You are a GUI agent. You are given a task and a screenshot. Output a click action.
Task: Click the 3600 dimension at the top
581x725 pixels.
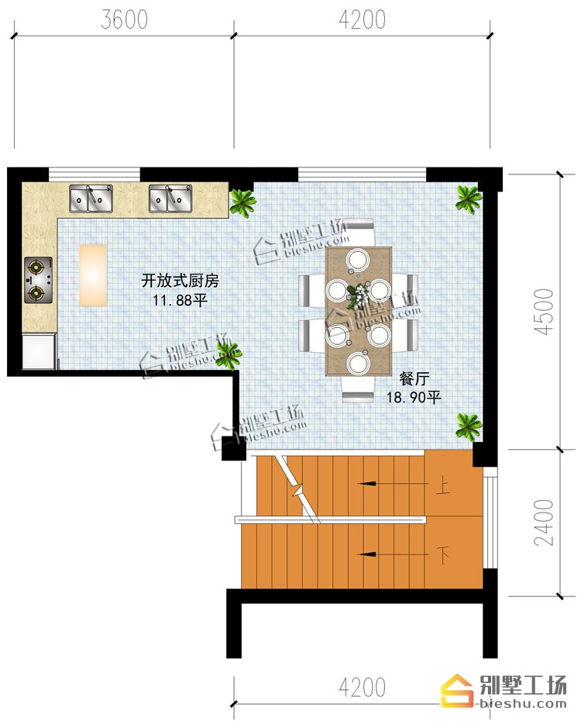[x=124, y=19]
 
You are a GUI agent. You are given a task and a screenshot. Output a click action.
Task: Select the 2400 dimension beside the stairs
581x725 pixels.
[x=544, y=522]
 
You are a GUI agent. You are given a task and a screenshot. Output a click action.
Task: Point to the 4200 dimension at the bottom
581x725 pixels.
[x=362, y=687]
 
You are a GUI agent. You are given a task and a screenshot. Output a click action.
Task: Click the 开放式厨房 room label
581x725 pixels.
[x=180, y=281]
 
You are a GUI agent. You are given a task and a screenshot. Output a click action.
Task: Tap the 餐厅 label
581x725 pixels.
[x=414, y=378]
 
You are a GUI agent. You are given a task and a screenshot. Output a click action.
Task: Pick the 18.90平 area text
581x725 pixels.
[x=414, y=397]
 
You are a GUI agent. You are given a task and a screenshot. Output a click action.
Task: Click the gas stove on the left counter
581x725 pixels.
[x=38, y=280]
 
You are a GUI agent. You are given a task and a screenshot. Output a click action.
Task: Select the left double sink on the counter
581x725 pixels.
[x=91, y=199]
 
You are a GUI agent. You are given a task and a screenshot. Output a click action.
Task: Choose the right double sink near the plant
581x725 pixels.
[x=170, y=199]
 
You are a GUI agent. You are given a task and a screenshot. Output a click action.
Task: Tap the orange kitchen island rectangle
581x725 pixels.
[x=93, y=275]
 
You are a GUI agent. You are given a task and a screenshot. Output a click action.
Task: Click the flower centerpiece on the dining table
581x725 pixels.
[x=358, y=295]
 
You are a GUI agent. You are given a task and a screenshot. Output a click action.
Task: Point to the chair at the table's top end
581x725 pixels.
[x=359, y=232]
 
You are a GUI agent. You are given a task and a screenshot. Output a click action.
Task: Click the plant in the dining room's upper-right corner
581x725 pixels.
[x=469, y=199]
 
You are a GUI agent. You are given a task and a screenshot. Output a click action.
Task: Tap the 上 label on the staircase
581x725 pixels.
[x=442, y=487]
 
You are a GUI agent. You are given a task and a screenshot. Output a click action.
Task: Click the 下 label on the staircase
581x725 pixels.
[x=442, y=554]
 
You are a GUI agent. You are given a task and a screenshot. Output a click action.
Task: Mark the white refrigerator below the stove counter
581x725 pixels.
[x=39, y=351]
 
